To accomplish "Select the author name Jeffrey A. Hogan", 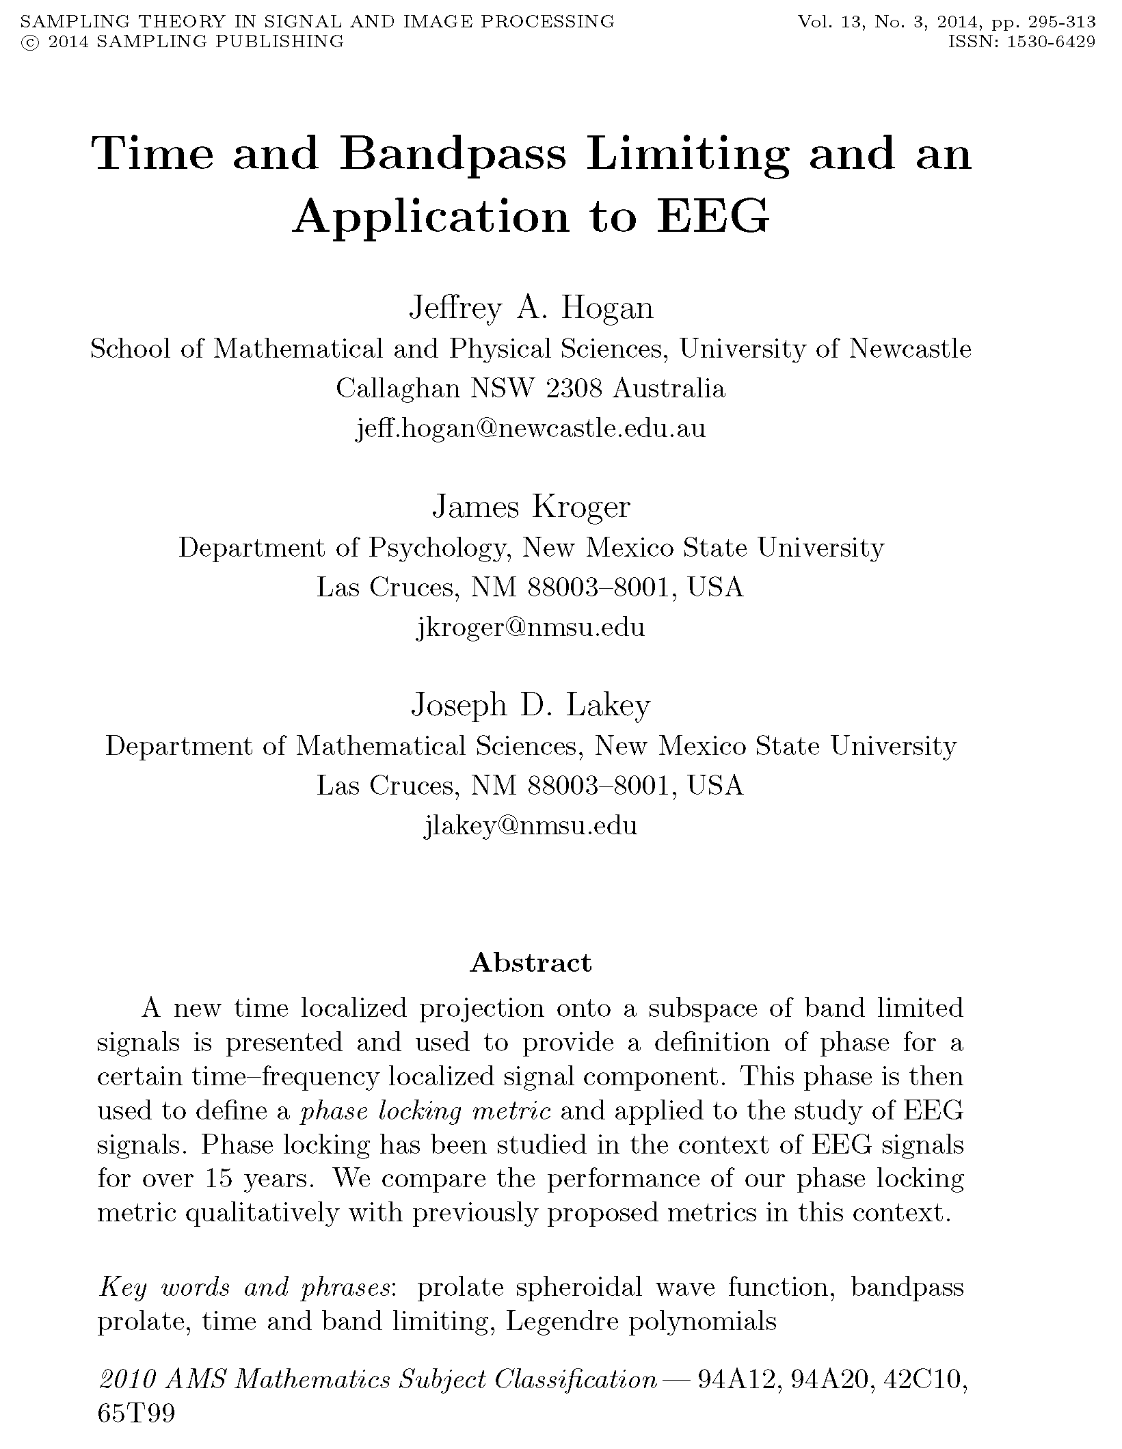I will tap(531, 308).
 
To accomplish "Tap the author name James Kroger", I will tap(531, 507).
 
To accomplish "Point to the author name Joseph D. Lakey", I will tap(531, 705).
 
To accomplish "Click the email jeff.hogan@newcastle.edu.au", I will tap(531, 429).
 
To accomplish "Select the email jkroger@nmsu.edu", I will tap(531, 627).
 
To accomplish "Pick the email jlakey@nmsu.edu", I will tap(531, 825).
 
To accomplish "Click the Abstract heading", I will tap(531, 962).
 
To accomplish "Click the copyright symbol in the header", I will tap(29, 42).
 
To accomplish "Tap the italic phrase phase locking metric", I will tap(425, 1111).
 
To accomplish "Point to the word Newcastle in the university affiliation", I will tap(910, 349).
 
